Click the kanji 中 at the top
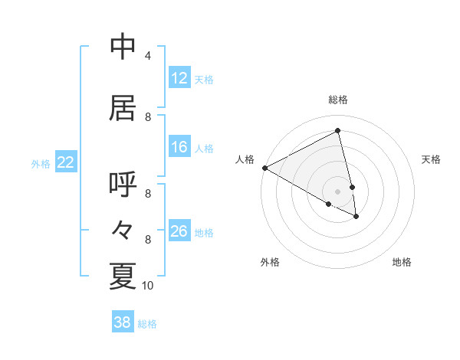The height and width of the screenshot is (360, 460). point(123,47)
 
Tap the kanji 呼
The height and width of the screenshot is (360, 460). point(123,186)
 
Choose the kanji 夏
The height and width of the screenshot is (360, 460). point(123,276)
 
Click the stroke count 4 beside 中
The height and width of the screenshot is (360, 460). point(148,56)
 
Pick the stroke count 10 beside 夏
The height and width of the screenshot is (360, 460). point(148,286)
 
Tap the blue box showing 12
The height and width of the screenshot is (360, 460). point(179,78)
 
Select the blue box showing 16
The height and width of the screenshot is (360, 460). point(179,148)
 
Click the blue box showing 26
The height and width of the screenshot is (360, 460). point(179,231)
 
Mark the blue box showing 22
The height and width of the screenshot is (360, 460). point(65,162)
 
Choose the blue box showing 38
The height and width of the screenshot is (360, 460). point(122,323)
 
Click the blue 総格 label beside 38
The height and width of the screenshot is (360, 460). point(147,324)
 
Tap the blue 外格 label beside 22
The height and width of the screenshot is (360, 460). point(41,163)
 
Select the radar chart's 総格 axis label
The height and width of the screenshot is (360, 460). point(338,100)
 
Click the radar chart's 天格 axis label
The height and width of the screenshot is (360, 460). point(431,159)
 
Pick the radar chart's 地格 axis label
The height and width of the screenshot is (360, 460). point(402,262)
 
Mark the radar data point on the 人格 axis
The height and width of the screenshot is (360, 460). point(264,168)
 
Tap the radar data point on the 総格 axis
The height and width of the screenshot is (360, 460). point(338,130)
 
